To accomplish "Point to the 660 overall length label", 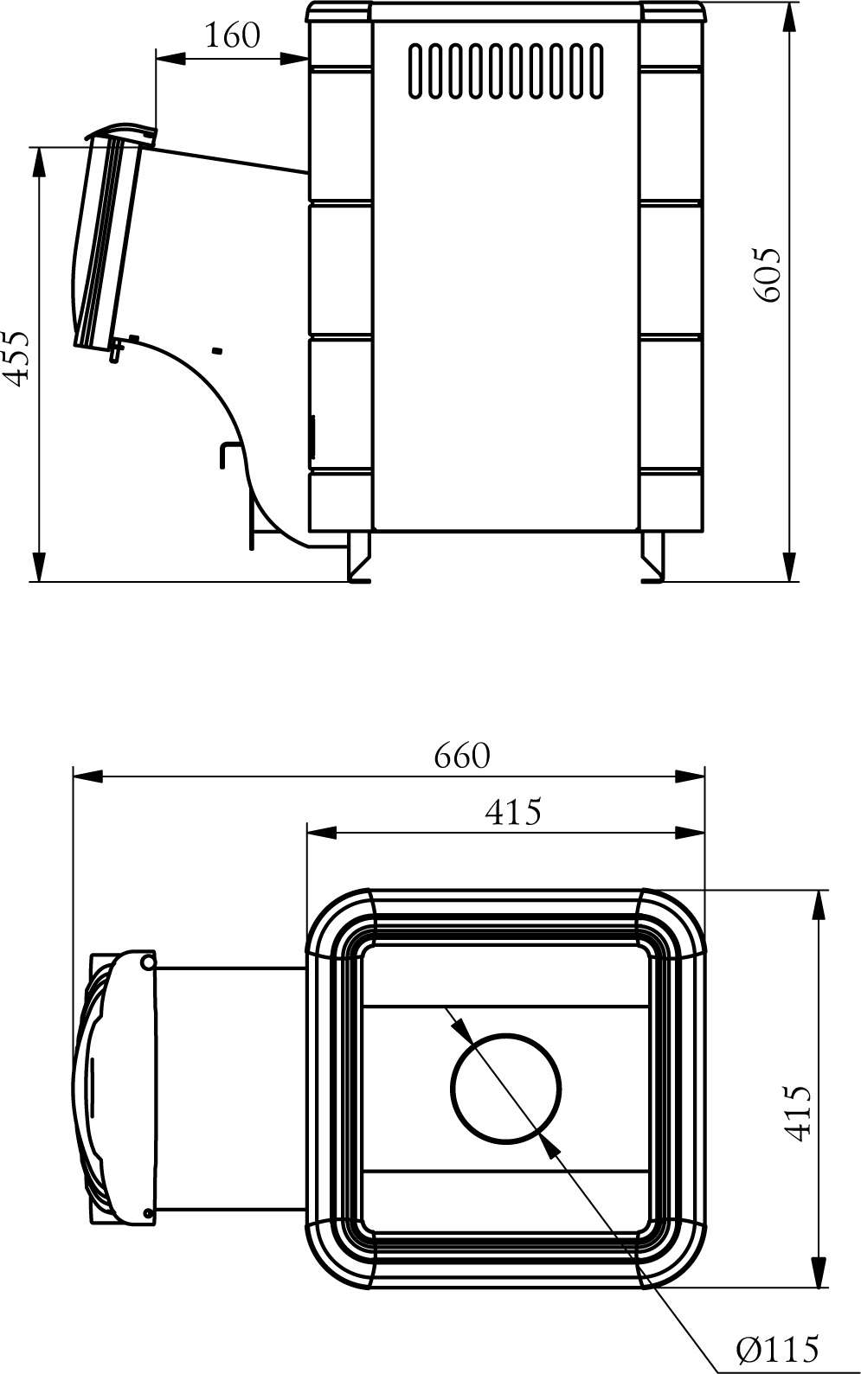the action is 461,755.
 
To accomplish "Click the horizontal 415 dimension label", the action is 513,812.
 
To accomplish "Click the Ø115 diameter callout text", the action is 777,1348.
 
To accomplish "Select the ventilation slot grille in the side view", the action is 505,71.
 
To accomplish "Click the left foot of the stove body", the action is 359,556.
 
